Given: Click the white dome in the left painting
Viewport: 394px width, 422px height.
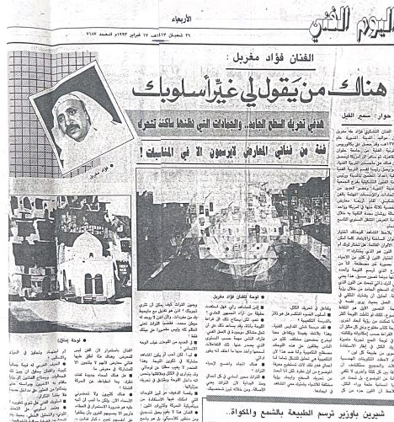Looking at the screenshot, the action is (x=80, y=243).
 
